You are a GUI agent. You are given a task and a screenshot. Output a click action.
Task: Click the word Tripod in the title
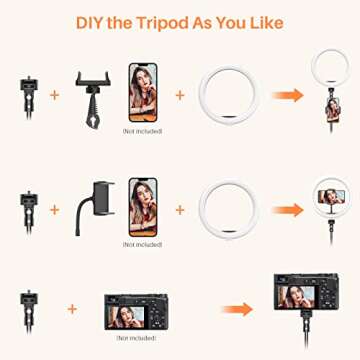pos(163,23)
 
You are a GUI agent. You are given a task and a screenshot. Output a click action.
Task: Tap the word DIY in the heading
pos(88,23)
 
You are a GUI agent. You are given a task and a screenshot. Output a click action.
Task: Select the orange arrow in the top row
pos(287,95)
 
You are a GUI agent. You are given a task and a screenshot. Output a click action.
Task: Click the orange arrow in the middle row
pos(287,210)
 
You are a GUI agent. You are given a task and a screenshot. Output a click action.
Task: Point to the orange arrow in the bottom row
pos(238,309)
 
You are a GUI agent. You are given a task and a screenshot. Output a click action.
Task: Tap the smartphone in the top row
pos(143,92)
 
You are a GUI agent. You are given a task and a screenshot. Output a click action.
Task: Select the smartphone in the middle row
pos(143,207)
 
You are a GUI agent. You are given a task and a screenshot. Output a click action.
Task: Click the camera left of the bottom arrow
pos(136,312)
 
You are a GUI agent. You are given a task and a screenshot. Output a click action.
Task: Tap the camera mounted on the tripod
pos(306,291)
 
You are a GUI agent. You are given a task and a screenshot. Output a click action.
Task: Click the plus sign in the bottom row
pos(72,309)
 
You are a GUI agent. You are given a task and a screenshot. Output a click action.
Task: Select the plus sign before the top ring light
pos(180,95)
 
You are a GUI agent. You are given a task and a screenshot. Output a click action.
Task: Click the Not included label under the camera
pos(136,338)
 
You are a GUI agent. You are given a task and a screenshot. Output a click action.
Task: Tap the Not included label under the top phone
pos(142,131)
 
